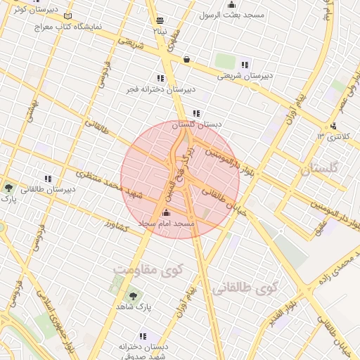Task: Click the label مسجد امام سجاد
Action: pyautogui.click(x=167, y=223)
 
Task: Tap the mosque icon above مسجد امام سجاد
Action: pyautogui.click(x=166, y=212)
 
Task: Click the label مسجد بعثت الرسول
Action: pyautogui.click(x=231, y=14)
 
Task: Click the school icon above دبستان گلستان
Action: pyautogui.click(x=196, y=113)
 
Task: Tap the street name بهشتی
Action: pyautogui.click(x=29, y=112)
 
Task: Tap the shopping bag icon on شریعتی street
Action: pyautogui.click(x=186, y=60)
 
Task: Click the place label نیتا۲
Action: pyautogui.click(x=160, y=31)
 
